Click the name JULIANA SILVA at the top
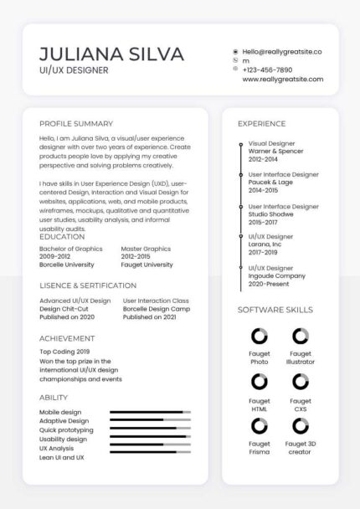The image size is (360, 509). click(x=111, y=54)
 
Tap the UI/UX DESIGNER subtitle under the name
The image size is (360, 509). click(x=74, y=70)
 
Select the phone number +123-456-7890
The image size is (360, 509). click(x=267, y=70)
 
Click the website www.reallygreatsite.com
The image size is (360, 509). click(x=282, y=80)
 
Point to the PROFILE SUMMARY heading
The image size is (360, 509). click(x=76, y=123)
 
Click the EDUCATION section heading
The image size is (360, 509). click(x=62, y=237)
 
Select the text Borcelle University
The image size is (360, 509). click(x=67, y=265)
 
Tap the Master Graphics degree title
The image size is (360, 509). click(x=146, y=249)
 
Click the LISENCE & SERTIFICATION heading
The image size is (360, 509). click(x=89, y=285)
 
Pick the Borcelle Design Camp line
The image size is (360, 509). click(x=157, y=309)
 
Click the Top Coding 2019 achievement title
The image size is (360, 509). click(x=64, y=352)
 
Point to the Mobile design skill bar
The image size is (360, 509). click(x=150, y=412)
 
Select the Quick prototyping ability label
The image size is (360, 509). click(x=66, y=430)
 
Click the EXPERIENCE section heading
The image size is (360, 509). click(x=261, y=124)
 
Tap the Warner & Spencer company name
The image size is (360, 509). click(x=275, y=152)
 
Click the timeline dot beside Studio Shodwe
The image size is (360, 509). click(x=241, y=207)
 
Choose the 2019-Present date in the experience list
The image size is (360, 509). click(x=269, y=284)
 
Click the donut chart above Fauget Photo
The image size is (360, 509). click(x=260, y=337)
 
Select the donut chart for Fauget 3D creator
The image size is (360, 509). click(x=301, y=426)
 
